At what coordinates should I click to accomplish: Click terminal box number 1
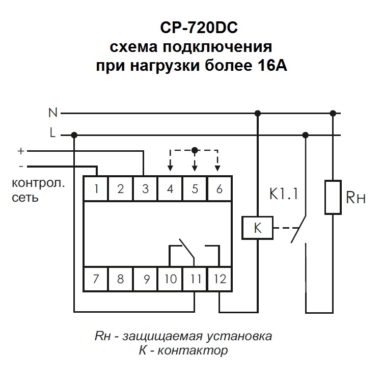[x=96, y=189]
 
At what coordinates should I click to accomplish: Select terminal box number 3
[x=145, y=189]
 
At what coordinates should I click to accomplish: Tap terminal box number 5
[x=195, y=189]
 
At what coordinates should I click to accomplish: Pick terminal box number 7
[x=96, y=279]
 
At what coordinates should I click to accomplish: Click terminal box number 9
[x=146, y=279]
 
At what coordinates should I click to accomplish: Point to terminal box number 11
[x=195, y=279]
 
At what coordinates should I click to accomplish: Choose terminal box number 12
[x=220, y=279]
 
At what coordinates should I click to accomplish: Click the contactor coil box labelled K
[x=257, y=228]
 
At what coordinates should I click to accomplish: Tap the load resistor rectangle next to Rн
[x=333, y=197]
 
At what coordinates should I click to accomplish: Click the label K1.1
[x=283, y=194]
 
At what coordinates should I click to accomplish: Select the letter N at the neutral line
[x=52, y=112]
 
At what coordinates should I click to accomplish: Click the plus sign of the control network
[x=21, y=151]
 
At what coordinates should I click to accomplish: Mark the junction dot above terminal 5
[x=194, y=150]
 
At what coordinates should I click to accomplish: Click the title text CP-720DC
[x=192, y=26]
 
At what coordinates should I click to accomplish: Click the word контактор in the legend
[x=198, y=350]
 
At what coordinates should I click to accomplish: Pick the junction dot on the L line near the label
[x=74, y=135]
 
